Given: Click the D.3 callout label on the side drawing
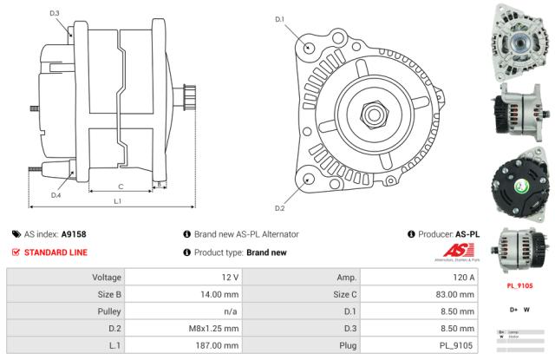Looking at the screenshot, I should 55,13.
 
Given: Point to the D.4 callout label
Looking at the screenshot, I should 55,195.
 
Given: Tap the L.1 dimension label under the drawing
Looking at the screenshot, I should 117,201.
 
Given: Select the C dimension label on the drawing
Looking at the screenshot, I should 120,186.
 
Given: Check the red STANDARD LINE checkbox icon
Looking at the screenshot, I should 16,252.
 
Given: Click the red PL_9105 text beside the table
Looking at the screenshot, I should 519,285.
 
